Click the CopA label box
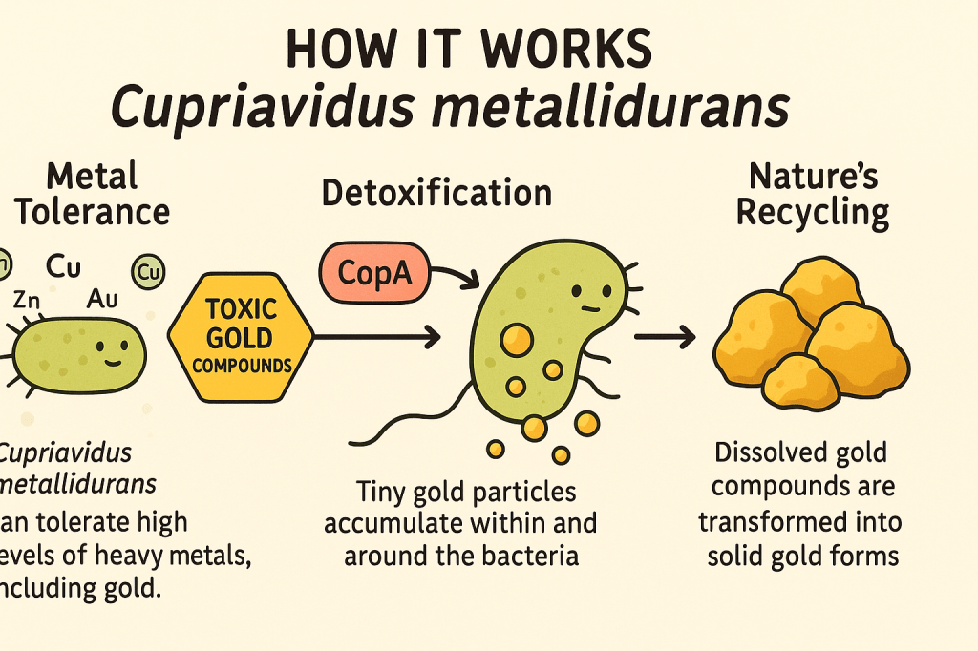[374, 273]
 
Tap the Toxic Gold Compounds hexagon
[241, 337]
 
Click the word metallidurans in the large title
[610, 106]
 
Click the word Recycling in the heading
[813, 213]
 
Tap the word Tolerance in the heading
[93, 212]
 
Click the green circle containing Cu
[148, 272]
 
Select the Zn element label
[27, 301]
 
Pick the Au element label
[102, 300]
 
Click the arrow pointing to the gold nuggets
[665, 337]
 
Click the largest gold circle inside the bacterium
[517, 341]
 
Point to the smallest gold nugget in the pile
[801, 382]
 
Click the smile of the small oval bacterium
[113, 363]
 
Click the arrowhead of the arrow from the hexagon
[433, 337]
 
